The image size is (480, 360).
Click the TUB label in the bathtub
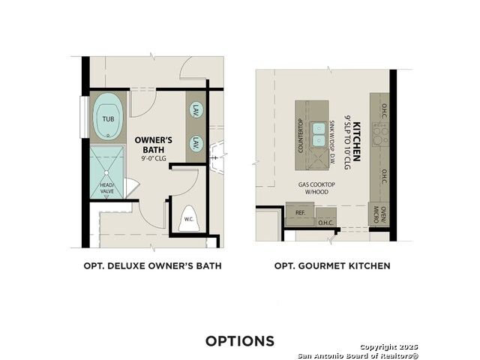pyautogui.click(x=108, y=118)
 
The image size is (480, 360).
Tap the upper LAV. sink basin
pyautogui.click(x=196, y=109)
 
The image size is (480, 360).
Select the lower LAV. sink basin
pyautogui.click(x=196, y=143)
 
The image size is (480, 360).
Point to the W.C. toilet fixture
pyautogui.click(x=189, y=218)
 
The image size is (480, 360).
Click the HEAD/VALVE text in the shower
pyautogui.click(x=107, y=188)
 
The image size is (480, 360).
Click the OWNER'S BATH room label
pyautogui.click(x=154, y=145)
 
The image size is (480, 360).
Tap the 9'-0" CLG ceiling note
pyautogui.click(x=154, y=158)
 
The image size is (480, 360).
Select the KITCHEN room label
pyautogui.click(x=357, y=142)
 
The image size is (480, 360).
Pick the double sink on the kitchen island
pyautogui.click(x=318, y=134)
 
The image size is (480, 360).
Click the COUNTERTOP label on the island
pyautogui.click(x=300, y=136)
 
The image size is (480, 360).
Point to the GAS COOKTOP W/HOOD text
pyautogui.click(x=316, y=188)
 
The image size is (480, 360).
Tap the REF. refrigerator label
pyautogui.click(x=300, y=212)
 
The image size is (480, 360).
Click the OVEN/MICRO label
pyautogui.click(x=380, y=214)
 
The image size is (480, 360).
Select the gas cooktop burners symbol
pyautogui.click(x=380, y=134)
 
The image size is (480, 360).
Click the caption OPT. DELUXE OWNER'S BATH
pyautogui.click(x=152, y=265)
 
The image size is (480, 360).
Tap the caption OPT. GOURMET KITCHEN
pyautogui.click(x=332, y=265)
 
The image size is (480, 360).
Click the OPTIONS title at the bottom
pyautogui.click(x=240, y=341)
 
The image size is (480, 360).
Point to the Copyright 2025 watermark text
pyautogui.click(x=388, y=346)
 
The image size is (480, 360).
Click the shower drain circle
pyautogui.click(x=106, y=172)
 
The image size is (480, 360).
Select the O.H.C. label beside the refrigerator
pyautogui.click(x=325, y=223)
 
